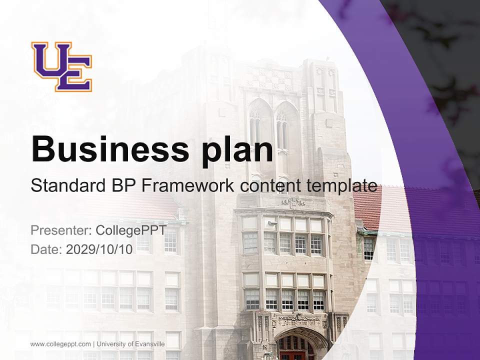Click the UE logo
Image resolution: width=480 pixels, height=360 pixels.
click(x=61, y=66)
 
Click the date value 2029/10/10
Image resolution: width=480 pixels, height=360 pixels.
click(x=99, y=249)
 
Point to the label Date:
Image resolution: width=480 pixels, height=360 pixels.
click(x=46, y=249)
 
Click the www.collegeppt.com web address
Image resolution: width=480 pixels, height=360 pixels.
click(x=61, y=344)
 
